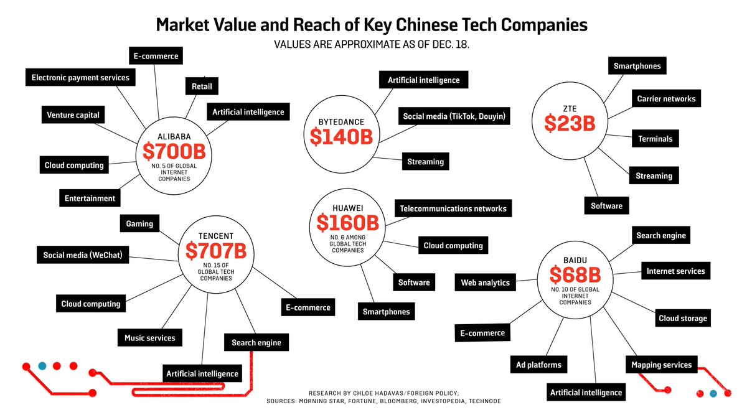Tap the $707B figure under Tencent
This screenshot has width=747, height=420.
pos(215,251)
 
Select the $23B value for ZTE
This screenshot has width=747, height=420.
pos(570,123)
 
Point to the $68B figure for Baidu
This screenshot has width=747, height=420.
pos(574,274)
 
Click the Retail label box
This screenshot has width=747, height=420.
pos(202,86)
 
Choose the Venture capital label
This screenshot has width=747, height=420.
pos(73,115)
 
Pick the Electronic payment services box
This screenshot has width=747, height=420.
pos(80,78)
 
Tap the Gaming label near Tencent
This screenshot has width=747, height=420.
pos(139,223)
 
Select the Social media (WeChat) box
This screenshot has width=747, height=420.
pos(82,254)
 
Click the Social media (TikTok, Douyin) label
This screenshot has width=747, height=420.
pos(454,116)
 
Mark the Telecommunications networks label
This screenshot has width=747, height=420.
pos(453,208)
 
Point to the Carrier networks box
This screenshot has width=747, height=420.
pos(666,98)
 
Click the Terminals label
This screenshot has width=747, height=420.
pos(655,139)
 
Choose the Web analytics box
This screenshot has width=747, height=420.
pos(485,282)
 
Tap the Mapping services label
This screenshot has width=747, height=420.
pos(661,365)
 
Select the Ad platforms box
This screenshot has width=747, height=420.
pos(538,365)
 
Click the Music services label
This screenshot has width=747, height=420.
pos(150,338)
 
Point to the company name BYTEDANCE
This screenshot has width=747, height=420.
pos(341,122)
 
